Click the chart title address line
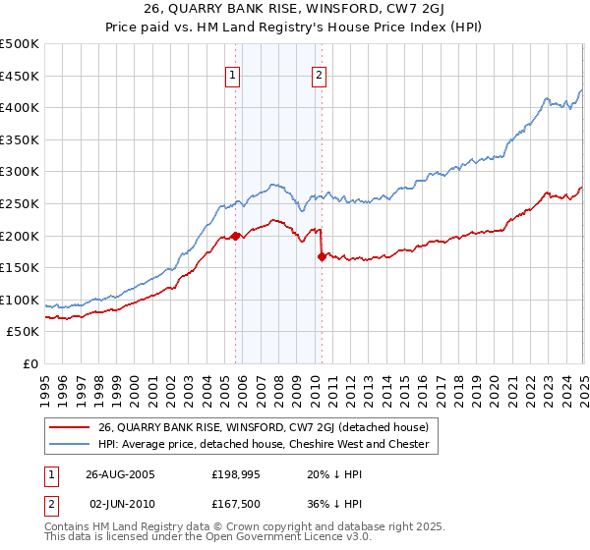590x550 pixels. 294,12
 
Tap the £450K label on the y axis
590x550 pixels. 21,76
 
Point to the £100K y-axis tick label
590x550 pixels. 21,300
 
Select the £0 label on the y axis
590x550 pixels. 31,364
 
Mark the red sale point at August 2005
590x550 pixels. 235,236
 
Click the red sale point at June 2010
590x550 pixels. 322,256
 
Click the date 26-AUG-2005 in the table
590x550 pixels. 120,473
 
